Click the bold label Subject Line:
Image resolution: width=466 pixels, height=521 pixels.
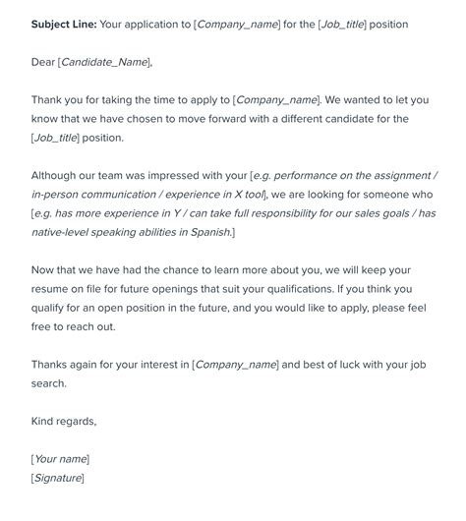click(65, 24)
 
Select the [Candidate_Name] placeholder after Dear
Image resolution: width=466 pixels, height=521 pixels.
click(106, 62)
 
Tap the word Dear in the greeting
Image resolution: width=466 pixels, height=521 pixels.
click(43, 62)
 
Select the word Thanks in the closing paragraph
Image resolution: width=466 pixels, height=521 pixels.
click(53, 364)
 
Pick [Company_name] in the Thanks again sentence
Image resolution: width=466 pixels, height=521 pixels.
click(235, 364)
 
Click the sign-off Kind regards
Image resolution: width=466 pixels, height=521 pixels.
click(64, 421)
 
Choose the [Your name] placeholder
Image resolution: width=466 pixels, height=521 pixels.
click(60, 458)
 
